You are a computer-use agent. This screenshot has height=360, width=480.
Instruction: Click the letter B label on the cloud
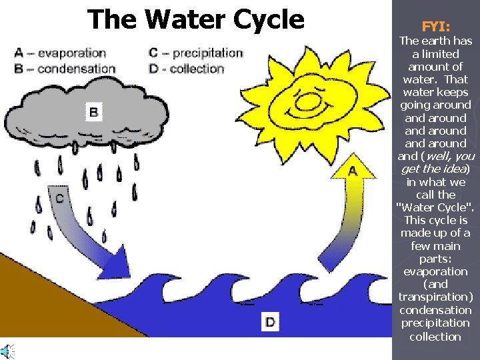coord(93,112)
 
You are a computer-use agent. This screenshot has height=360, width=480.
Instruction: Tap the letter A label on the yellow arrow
coord(352,171)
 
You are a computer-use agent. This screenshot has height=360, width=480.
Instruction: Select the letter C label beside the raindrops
coord(59,198)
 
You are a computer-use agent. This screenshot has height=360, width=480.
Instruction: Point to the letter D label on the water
coord(270,322)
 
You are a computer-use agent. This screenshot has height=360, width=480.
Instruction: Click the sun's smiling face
coord(308,100)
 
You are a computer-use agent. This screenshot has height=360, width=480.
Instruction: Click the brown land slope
coord(40,300)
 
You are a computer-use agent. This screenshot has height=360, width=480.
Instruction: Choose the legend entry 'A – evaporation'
coord(60,53)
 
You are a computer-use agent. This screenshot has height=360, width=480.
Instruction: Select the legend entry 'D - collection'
coord(187,68)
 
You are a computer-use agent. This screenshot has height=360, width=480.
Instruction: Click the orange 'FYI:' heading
coord(435,27)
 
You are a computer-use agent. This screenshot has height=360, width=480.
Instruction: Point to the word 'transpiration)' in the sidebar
coord(435,297)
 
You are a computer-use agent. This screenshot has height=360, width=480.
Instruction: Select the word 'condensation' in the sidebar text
coord(435,310)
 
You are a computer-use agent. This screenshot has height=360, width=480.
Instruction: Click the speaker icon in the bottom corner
coord(7,351)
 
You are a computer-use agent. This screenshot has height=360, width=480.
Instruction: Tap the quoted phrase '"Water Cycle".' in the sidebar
coord(435,207)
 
